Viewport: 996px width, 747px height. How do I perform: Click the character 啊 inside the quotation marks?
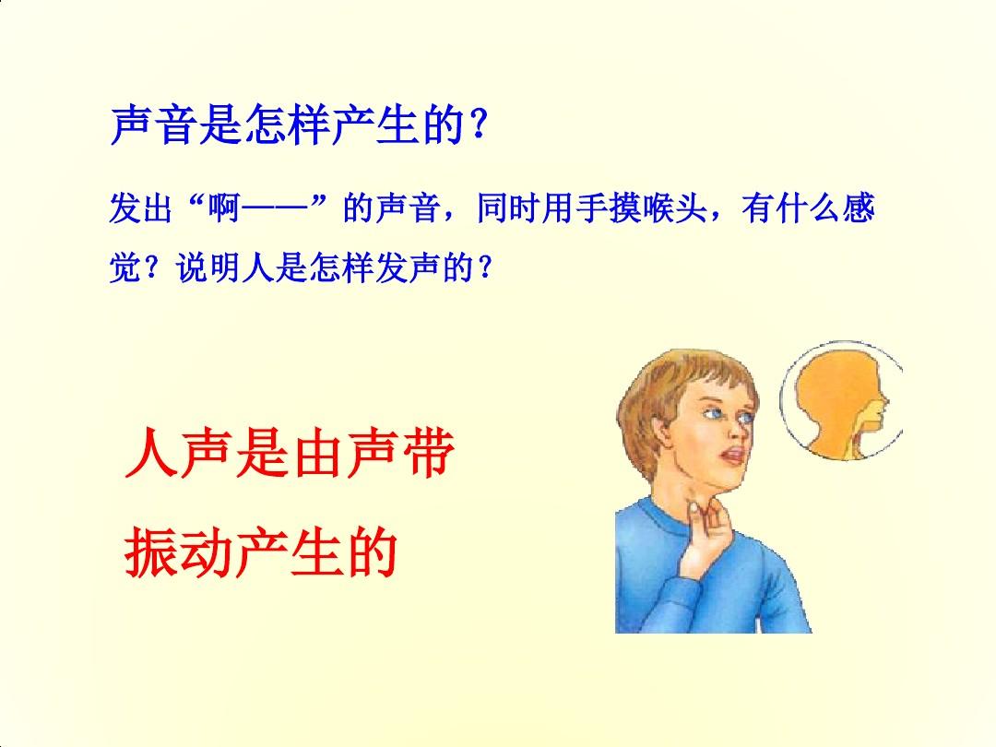(x=223, y=207)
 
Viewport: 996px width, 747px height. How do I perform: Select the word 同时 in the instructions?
(x=507, y=207)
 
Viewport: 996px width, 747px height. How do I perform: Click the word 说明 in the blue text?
(x=208, y=267)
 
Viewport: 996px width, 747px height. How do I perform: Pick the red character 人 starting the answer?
(x=150, y=452)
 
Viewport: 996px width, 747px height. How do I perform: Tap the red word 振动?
(x=178, y=552)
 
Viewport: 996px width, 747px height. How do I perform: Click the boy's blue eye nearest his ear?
(x=714, y=414)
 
